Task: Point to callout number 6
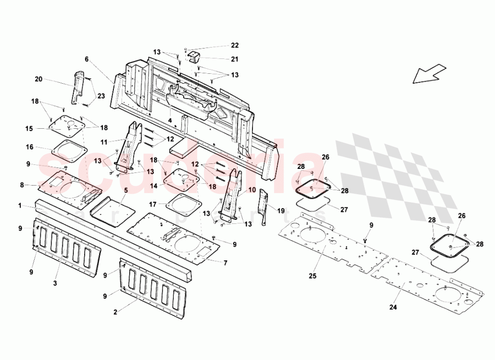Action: [87, 59]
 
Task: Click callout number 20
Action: [39, 79]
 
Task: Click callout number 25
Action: [313, 275]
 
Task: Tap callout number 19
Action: [281, 210]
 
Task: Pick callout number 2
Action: [115, 312]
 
